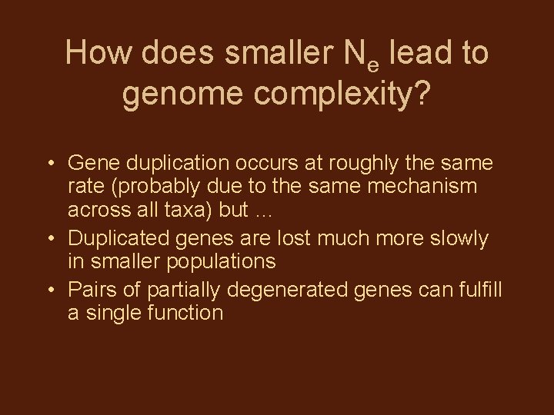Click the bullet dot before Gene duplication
pyautogui.click(x=48, y=164)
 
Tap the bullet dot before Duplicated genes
pyautogui.click(x=48, y=239)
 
